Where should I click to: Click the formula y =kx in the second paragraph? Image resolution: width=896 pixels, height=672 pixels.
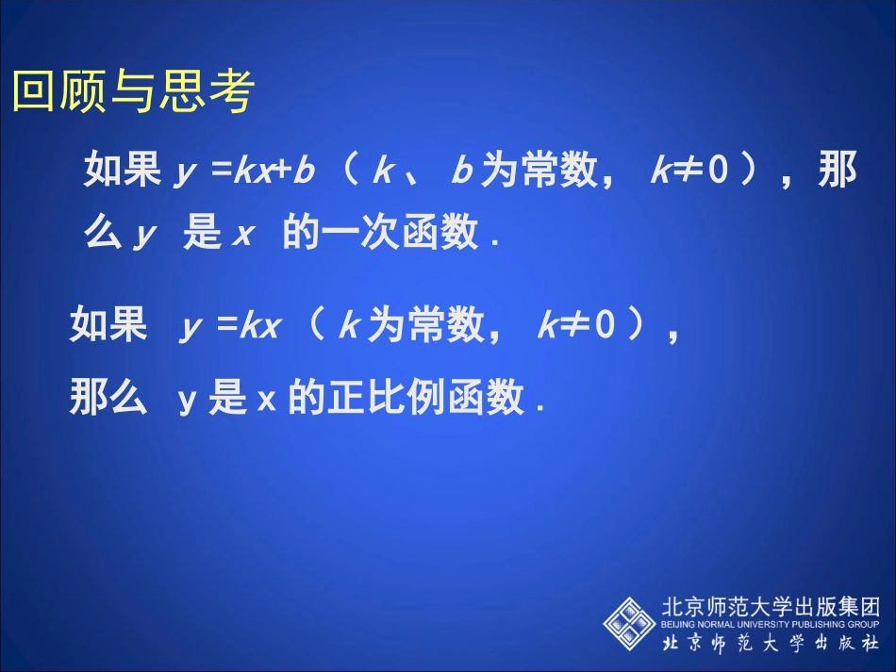[x=230, y=327]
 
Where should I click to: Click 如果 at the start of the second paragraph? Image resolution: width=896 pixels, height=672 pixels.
[x=108, y=327]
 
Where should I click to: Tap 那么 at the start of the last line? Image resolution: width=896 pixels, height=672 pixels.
[x=108, y=399]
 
